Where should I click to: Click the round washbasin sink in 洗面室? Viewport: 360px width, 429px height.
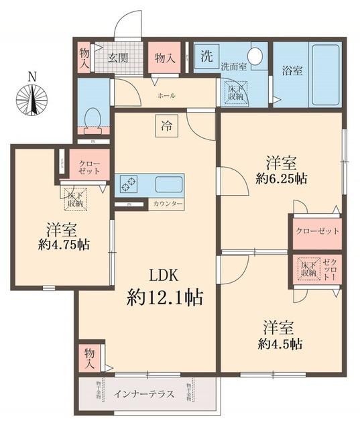click(255, 56)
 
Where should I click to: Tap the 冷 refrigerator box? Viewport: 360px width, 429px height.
click(165, 124)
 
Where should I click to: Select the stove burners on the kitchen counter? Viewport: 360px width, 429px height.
click(128, 183)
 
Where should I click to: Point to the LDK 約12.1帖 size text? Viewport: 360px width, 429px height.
click(165, 288)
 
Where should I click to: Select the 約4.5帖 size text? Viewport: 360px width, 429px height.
click(278, 345)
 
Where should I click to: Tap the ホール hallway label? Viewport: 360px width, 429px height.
click(166, 96)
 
